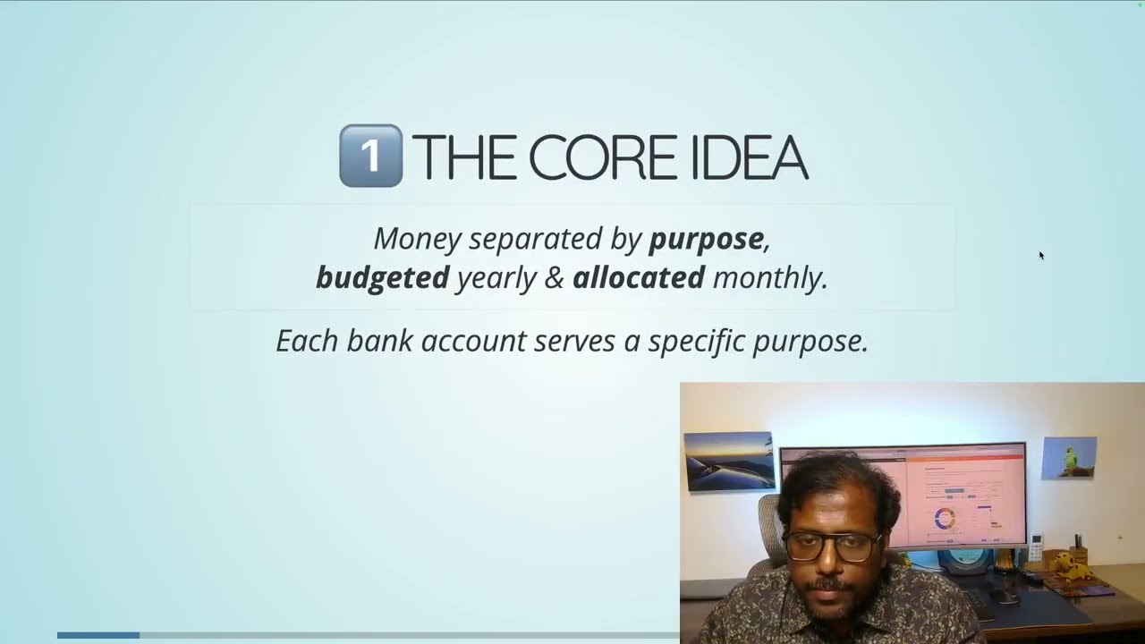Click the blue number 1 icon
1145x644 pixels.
pos(370,156)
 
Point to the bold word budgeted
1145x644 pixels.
pos(382,277)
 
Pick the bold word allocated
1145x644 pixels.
pos(639,277)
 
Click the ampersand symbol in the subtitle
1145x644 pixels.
pos(555,277)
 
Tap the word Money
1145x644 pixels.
pos(417,239)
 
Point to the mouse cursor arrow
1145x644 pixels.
pos(1041,256)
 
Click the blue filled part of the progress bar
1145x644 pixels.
pos(98,635)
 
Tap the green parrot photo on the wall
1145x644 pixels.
pos(1069,458)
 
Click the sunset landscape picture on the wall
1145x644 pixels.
pos(728,461)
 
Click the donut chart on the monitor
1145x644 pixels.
pos(944,518)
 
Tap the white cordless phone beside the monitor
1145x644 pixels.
pos(1037,547)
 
